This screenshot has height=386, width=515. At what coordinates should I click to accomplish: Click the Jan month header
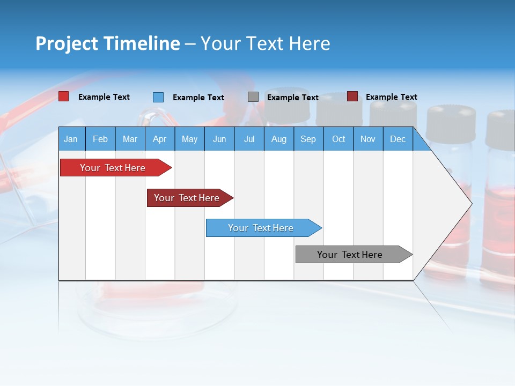tap(71, 139)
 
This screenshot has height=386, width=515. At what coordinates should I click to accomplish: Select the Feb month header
tap(100, 139)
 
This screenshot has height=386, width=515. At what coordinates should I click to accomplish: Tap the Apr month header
tap(159, 139)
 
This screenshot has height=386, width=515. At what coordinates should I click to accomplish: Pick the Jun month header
tap(219, 139)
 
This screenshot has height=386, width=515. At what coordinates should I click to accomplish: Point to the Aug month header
tap(278, 139)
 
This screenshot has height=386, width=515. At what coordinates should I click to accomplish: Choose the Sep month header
tap(308, 139)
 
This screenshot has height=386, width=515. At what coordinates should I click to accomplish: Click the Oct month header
tap(339, 139)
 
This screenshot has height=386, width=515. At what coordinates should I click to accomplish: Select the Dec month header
tap(398, 139)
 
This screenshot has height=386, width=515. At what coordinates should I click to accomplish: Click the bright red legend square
tap(63, 96)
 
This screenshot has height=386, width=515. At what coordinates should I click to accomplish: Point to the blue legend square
tap(158, 97)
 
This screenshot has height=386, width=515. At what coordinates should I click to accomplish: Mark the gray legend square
tap(253, 97)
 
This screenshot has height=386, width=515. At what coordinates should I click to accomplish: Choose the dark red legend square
tap(352, 96)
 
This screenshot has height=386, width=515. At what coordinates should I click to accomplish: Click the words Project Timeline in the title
tap(108, 43)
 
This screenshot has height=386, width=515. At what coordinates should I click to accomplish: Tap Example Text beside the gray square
tap(293, 98)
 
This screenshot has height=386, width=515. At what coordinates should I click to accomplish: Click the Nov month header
tap(368, 139)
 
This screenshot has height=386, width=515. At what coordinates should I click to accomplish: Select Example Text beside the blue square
tap(198, 98)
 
